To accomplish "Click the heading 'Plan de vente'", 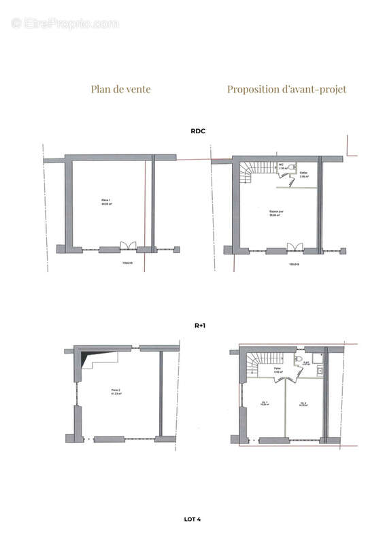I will pyautogui.click(x=120, y=89).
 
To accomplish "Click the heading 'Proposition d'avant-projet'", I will pyautogui.click(x=286, y=89).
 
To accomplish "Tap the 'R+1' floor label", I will pyautogui.click(x=200, y=326).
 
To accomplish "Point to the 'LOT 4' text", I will pyautogui.click(x=192, y=520).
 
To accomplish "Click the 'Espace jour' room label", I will pyautogui.click(x=275, y=212).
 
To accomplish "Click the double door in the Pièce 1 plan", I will pyautogui.click(x=124, y=246).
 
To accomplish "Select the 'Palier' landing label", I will pyautogui.click(x=278, y=371).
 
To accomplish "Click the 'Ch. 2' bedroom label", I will pyautogui.click(x=303, y=404).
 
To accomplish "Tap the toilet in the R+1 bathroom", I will pyautogui.click(x=298, y=359).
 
